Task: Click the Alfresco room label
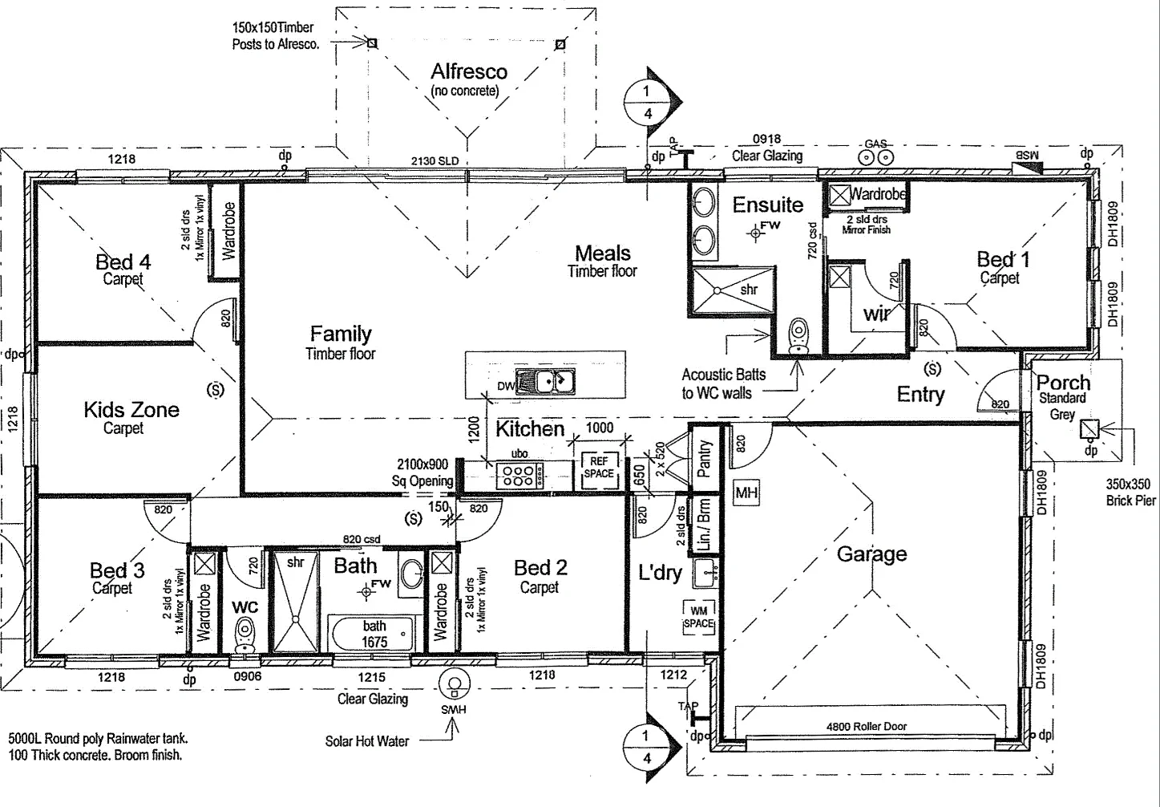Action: (x=468, y=72)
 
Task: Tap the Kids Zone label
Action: (x=131, y=410)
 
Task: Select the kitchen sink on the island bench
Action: (x=545, y=383)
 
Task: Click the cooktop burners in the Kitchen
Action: (x=519, y=475)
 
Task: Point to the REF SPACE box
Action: (x=599, y=468)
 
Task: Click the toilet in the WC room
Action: (x=245, y=635)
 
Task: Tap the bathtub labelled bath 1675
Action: (x=374, y=634)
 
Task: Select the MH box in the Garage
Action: (x=746, y=493)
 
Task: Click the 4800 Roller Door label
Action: (x=866, y=727)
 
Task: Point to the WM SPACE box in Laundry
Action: (x=698, y=617)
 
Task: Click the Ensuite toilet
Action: (x=798, y=336)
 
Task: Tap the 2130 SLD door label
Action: (x=434, y=160)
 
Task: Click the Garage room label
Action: (x=871, y=554)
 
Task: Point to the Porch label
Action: (x=1063, y=383)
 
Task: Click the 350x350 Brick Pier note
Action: (x=1130, y=493)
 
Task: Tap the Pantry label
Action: (x=705, y=459)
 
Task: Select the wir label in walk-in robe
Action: (x=877, y=314)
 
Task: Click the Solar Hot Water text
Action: (x=366, y=741)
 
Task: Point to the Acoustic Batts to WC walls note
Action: (x=723, y=383)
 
